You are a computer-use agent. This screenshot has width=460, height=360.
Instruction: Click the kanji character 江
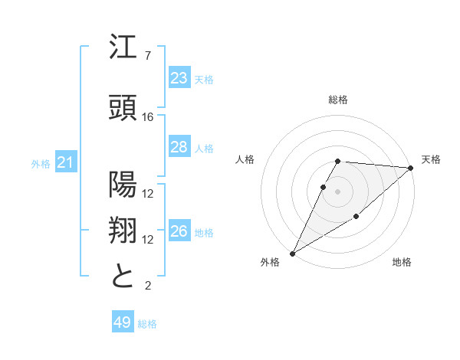pyautogui.click(x=123, y=48)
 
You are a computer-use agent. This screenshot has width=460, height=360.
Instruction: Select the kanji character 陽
pyautogui.click(x=123, y=185)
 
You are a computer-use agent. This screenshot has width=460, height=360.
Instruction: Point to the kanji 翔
pyautogui.click(x=123, y=231)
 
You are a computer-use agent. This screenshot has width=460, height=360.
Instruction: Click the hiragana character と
pyautogui.click(x=123, y=276)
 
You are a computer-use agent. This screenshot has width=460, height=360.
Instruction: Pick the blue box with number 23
pyautogui.click(x=179, y=77)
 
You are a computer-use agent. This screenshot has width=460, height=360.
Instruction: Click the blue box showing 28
pyautogui.click(x=179, y=147)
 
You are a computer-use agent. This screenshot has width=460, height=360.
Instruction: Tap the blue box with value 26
pyautogui.click(x=179, y=231)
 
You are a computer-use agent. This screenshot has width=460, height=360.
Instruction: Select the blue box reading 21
pyautogui.click(x=66, y=162)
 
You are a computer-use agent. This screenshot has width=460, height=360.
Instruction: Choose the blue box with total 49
pyautogui.click(x=123, y=322)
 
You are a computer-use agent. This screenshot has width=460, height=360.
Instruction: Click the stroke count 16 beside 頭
pyautogui.click(x=148, y=117)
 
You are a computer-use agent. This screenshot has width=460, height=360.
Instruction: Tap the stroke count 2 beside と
pyautogui.click(x=147, y=286)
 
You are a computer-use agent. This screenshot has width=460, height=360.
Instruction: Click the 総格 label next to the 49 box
pyautogui.click(x=147, y=324)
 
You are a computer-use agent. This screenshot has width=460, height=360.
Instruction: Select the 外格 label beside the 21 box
pyautogui.click(x=41, y=163)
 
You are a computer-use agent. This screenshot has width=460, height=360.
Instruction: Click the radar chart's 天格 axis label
pyautogui.click(x=431, y=159)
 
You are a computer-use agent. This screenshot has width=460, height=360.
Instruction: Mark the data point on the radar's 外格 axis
pyautogui.click(x=292, y=253)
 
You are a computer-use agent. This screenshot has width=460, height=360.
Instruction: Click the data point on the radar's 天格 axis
pyautogui.click(x=411, y=168)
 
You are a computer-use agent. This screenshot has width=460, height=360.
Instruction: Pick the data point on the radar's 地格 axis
pyautogui.click(x=356, y=217)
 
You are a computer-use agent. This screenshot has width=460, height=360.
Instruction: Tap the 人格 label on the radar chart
pyautogui.click(x=245, y=159)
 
